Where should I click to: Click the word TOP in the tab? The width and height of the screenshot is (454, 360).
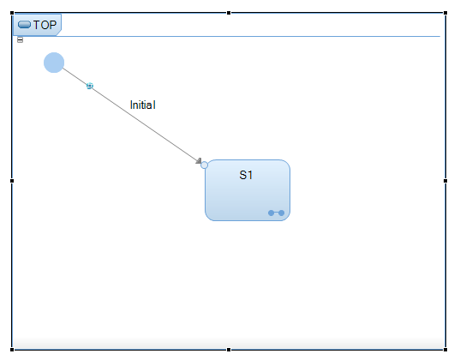[45, 25]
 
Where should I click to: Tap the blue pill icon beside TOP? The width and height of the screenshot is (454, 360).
[24, 25]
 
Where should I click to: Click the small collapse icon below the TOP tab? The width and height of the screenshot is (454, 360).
[20, 40]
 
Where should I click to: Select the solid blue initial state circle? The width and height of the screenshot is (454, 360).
[54, 63]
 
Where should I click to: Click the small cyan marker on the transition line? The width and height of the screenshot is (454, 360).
[90, 86]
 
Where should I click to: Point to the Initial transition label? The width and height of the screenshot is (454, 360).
[143, 105]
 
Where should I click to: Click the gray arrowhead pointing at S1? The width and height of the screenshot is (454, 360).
[199, 161]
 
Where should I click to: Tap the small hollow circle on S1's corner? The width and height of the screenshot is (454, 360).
[204, 165]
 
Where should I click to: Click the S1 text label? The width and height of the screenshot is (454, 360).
[246, 175]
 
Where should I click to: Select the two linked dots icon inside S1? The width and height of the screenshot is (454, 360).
[276, 213]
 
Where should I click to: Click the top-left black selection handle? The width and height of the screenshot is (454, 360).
[12, 13]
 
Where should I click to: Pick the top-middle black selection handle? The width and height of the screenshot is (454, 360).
[229, 13]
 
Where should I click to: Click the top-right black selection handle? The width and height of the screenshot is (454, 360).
[445, 13]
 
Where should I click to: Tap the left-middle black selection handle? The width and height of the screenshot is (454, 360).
[12, 181]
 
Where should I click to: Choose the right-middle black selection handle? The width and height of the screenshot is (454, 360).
[445, 181]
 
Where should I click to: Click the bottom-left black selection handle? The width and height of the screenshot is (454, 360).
[12, 350]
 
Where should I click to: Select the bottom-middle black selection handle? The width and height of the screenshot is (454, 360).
[229, 350]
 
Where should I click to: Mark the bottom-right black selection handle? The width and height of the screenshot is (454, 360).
[445, 350]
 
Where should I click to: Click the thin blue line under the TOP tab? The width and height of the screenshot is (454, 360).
[249, 37]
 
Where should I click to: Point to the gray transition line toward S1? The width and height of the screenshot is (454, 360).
[131, 115]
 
